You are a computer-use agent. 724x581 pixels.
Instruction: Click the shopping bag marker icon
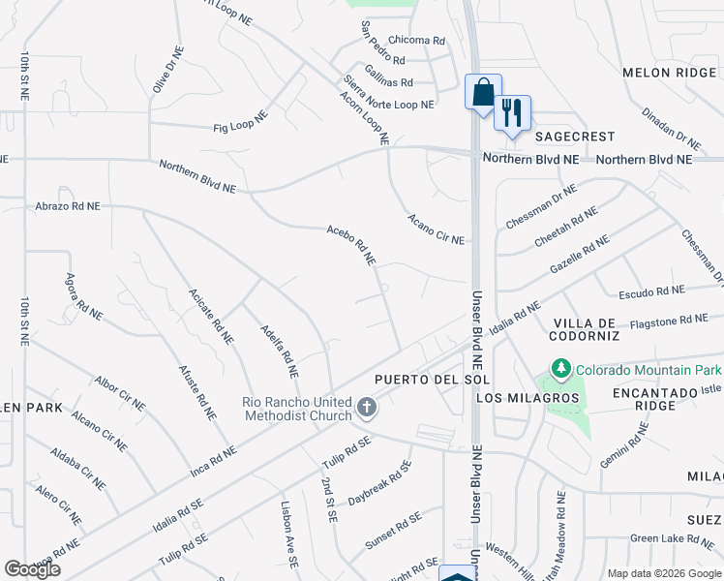tap(483, 93)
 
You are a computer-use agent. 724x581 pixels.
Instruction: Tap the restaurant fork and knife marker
tap(512, 111)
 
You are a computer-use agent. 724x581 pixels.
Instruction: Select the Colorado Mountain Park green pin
tap(560, 369)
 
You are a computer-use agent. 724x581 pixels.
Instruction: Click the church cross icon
tap(367, 408)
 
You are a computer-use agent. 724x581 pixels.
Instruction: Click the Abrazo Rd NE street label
tap(67, 206)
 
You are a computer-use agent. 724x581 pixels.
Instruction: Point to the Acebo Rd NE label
tap(350, 245)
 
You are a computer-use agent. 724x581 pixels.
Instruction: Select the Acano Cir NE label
tap(436, 229)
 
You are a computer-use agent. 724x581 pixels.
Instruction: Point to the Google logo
tap(32, 568)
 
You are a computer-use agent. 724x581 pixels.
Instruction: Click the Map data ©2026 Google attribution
tap(664, 573)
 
